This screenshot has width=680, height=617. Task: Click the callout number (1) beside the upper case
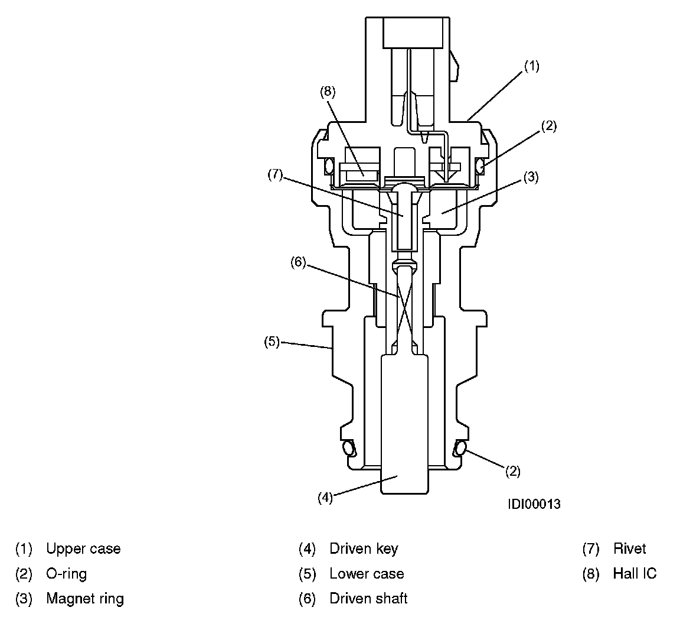click(531, 66)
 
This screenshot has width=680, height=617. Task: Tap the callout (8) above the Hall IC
click(328, 91)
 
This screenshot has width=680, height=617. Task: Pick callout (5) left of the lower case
click(271, 342)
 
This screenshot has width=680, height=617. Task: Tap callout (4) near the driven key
click(325, 498)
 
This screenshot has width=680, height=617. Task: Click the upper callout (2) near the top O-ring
click(548, 125)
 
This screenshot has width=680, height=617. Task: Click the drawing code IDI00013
click(534, 504)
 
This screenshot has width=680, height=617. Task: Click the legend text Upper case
click(83, 548)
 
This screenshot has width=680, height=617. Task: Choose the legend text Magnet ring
click(85, 599)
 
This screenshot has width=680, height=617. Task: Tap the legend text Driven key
click(364, 548)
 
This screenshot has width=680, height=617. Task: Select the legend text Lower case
click(367, 573)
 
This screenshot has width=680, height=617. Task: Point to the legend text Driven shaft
click(368, 599)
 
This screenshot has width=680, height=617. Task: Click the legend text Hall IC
click(635, 573)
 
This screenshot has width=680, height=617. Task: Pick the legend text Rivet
click(630, 548)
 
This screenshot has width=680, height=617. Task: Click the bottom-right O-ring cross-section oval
click(459, 449)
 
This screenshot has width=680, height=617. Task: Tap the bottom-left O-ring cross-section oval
click(348, 449)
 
